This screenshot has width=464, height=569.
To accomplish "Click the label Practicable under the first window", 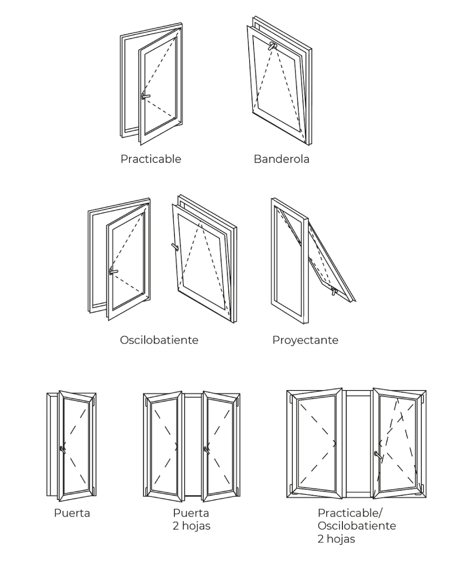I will [x=151, y=159].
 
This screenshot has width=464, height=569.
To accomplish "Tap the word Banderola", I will [x=281, y=159].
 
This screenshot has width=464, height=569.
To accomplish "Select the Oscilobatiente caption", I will [x=159, y=340].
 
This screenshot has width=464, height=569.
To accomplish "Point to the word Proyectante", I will [x=305, y=340].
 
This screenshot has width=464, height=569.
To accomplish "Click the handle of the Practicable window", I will [x=146, y=96].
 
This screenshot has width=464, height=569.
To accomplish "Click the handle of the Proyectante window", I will [x=334, y=291].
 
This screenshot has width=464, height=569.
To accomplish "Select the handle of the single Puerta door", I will [x=62, y=448].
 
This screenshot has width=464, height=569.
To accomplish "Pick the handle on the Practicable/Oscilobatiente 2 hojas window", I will [x=378, y=455].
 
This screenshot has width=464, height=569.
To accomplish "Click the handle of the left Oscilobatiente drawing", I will [x=113, y=272].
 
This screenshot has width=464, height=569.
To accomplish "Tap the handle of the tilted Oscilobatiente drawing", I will [x=175, y=247].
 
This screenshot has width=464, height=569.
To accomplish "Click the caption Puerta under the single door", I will [x=72, y=513].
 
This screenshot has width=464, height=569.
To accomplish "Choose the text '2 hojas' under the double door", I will [x=191, y=526].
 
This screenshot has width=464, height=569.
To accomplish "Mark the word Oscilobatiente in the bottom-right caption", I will [x=357, y=526].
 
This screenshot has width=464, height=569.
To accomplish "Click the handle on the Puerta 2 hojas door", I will [x=206, y=448].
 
